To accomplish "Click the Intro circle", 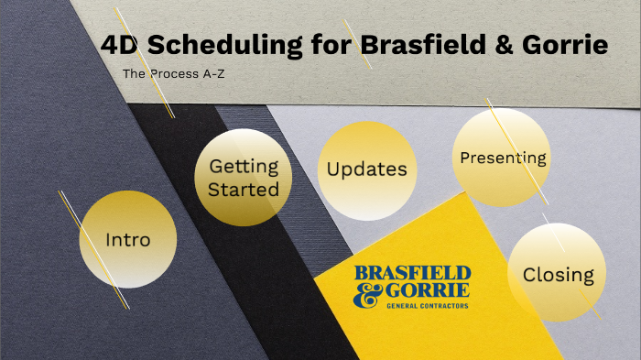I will click(127, 240).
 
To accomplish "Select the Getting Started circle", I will click(243, 178).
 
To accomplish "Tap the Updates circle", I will click(366, 170).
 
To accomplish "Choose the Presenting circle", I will click(503, 158).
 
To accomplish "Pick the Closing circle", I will click(558, 274).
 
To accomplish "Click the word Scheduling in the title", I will click(212, 45).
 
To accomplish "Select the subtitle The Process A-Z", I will click(173, 72).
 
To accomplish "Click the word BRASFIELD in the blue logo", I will click(412, 274).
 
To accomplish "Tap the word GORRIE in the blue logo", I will click(429, 291).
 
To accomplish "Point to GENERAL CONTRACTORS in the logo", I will click(428, 306).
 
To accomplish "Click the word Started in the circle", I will click(243, 190).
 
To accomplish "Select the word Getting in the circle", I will click(243, 167).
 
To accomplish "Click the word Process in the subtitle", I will click(175, 72).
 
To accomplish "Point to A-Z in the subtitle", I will click(212, 72).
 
